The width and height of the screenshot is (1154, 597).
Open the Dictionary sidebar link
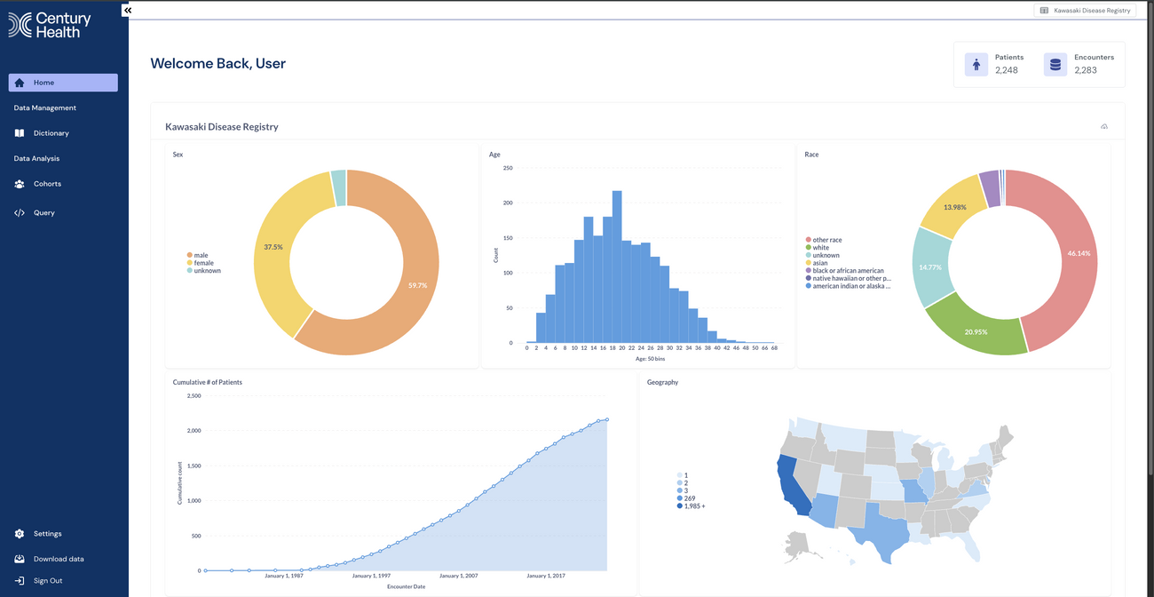[x=51, y=133]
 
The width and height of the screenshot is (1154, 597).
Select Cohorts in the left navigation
[x=47, y=184]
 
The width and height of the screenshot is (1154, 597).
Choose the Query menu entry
[x=43, y=213]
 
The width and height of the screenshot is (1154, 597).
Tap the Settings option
[x=47, y=534]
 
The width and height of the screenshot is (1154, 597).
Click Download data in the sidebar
[x=59, y=559]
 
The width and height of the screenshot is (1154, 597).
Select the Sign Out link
[x=48, y=581]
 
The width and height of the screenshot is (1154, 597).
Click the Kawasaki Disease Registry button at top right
[x=1085, y=11]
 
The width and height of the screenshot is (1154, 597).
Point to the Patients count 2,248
[x=1007, y=70]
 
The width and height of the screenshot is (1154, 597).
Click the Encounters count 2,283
[x=1086, y=70]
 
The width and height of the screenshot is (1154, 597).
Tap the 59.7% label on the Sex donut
[x=418, y=285]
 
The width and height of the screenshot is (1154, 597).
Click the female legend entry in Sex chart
[x=203, y=263]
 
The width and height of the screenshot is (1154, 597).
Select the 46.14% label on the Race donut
[x=1079, y=253]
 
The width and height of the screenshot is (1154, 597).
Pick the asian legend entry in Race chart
[x=820, y=263]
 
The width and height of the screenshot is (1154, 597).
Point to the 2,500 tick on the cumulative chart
[x=194, y=395]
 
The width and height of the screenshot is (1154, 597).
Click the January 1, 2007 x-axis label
[x=458, y=576]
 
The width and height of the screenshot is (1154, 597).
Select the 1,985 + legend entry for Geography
[x=693, y=506]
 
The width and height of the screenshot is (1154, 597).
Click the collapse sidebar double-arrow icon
[x=127, y=10]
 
